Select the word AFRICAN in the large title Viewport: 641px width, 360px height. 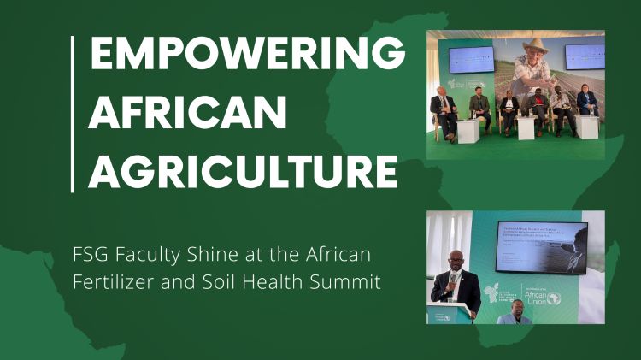tap(187, 114)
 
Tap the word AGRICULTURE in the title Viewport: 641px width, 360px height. tap(243, 171)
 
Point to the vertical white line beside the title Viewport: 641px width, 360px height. tap(74, 114)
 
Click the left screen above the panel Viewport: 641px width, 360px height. tap(471, 58)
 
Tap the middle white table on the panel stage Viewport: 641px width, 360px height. tap(526, 127)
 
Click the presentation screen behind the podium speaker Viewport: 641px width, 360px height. tap(541, 248)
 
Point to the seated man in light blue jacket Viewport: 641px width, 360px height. tap(514, 315)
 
